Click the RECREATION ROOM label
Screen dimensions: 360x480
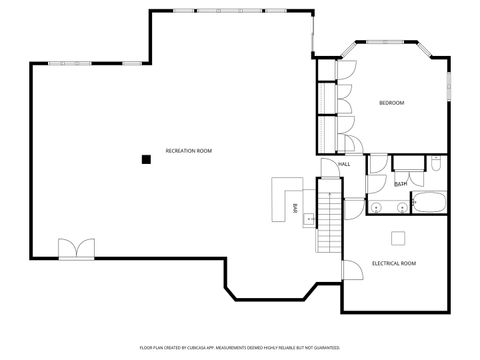point(188,150)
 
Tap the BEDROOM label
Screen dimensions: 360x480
point(391,103)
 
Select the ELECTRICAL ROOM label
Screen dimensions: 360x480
point(394,263)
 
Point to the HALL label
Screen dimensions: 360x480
point(344,164)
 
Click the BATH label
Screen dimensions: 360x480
point(400,184)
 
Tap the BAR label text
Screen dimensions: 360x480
point(295,208)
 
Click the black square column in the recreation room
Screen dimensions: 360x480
point(146,158)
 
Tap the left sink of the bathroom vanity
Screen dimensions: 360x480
point(377,207)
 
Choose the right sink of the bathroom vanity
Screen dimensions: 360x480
point(400,207)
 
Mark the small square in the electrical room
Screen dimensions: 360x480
point(398,237)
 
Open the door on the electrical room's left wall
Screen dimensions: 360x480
point(351,270)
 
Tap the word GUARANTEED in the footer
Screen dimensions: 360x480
point(324,347)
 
